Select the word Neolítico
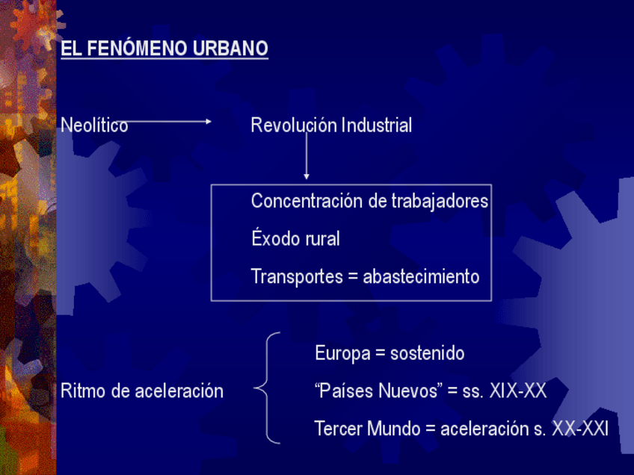coord(94,125)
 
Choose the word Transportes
coord(297,276)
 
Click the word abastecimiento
coord(421,276)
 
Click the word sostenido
coord(428,353)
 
